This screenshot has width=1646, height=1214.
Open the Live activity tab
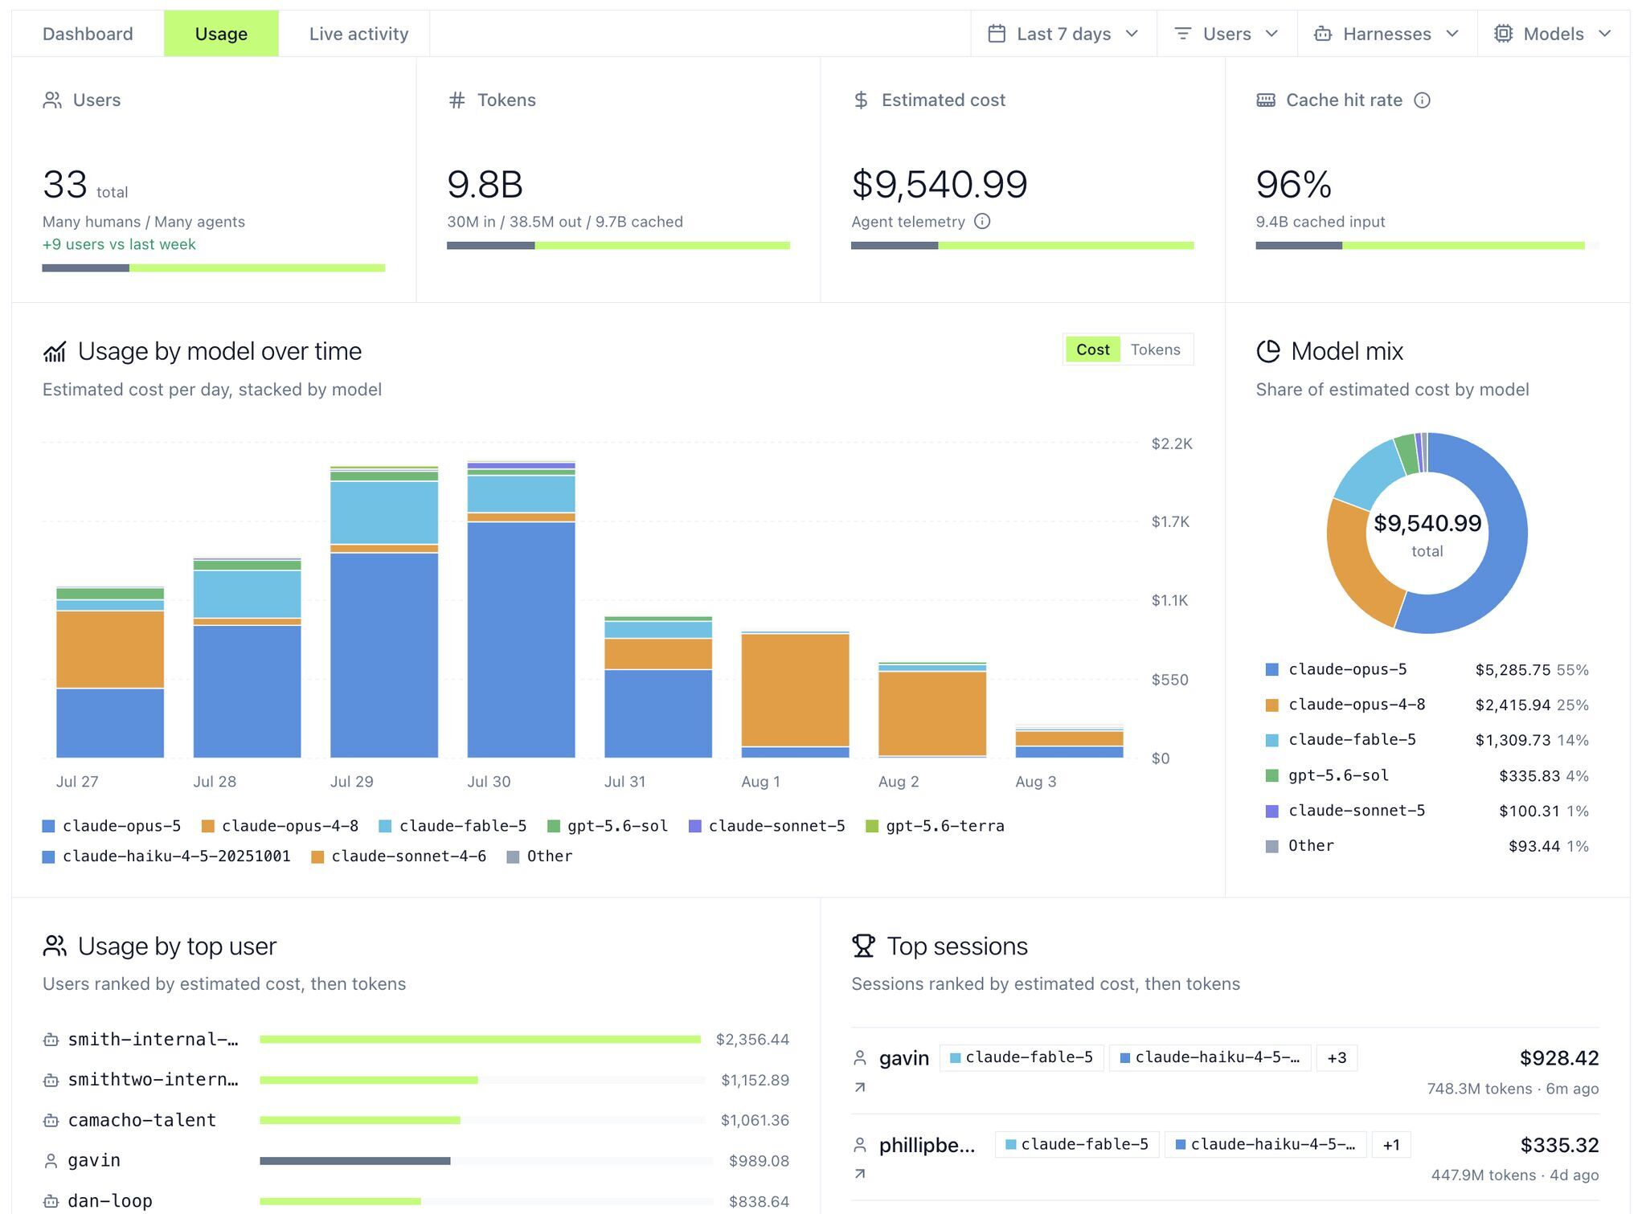pyautogui.click(x=358, y=34)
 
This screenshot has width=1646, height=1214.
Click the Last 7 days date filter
pyautogui.click(x=1063, y=34)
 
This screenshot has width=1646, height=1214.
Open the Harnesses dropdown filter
pyautogui.click(x=1386, y=34)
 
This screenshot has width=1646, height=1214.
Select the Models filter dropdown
pyautogui.click(x=1553, y=34)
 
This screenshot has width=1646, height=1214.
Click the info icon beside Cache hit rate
pyautogui.click(x=1422, y=100)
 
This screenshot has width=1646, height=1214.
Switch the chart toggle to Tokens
pyautogui.click(x=1155, y=349)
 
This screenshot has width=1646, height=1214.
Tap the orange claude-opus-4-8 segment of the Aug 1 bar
pyautogui.click(x=795, y=690)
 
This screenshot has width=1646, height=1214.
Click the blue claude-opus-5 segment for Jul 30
pyautogui.click(x=521, y=640)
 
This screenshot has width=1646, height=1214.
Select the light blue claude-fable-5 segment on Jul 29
pyautogui.click(x=384, y=513)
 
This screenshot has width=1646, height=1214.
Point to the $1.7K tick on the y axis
pyautogui.click(x=1169, y=522)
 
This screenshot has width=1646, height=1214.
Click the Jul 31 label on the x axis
pyautogui.click(x=624, y=782)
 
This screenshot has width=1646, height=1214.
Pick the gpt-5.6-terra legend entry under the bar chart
pyautogui.click(x=935, y=826)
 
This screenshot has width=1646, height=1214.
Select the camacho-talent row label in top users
pyautogui.click(x=142, y=1120)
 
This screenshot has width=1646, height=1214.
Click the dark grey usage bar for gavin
pyautogui.click(x=354, y=1161)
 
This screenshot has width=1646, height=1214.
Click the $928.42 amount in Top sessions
pyautogui.click(x=1558, y=1058)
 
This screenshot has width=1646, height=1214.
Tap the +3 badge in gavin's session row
pyautogui.click(x=1337, y=1058)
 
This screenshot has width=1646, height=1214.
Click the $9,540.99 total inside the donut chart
pyautogui.click(x=1427, y=524)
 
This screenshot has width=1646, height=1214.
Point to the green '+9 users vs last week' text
pyautogui.click(x=119, y=244)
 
